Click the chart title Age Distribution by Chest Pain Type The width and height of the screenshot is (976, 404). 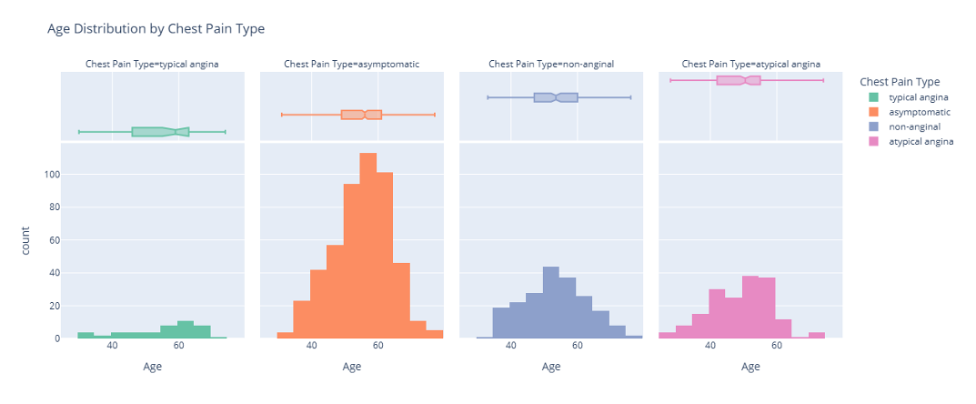click(x=156, y=29)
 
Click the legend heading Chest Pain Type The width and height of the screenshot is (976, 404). click(x=901, y=81)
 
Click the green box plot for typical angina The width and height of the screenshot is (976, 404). click(x=160, y=132)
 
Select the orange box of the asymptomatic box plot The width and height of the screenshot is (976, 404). click(x=361, y=115)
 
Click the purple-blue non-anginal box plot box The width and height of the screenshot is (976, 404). click(x=556, y=97)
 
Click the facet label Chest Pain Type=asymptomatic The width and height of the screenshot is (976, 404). click(x=351, y=65)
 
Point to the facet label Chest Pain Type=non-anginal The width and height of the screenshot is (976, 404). click(x=551, y=65)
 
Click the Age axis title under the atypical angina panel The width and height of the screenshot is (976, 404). click(x=750, y=367)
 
